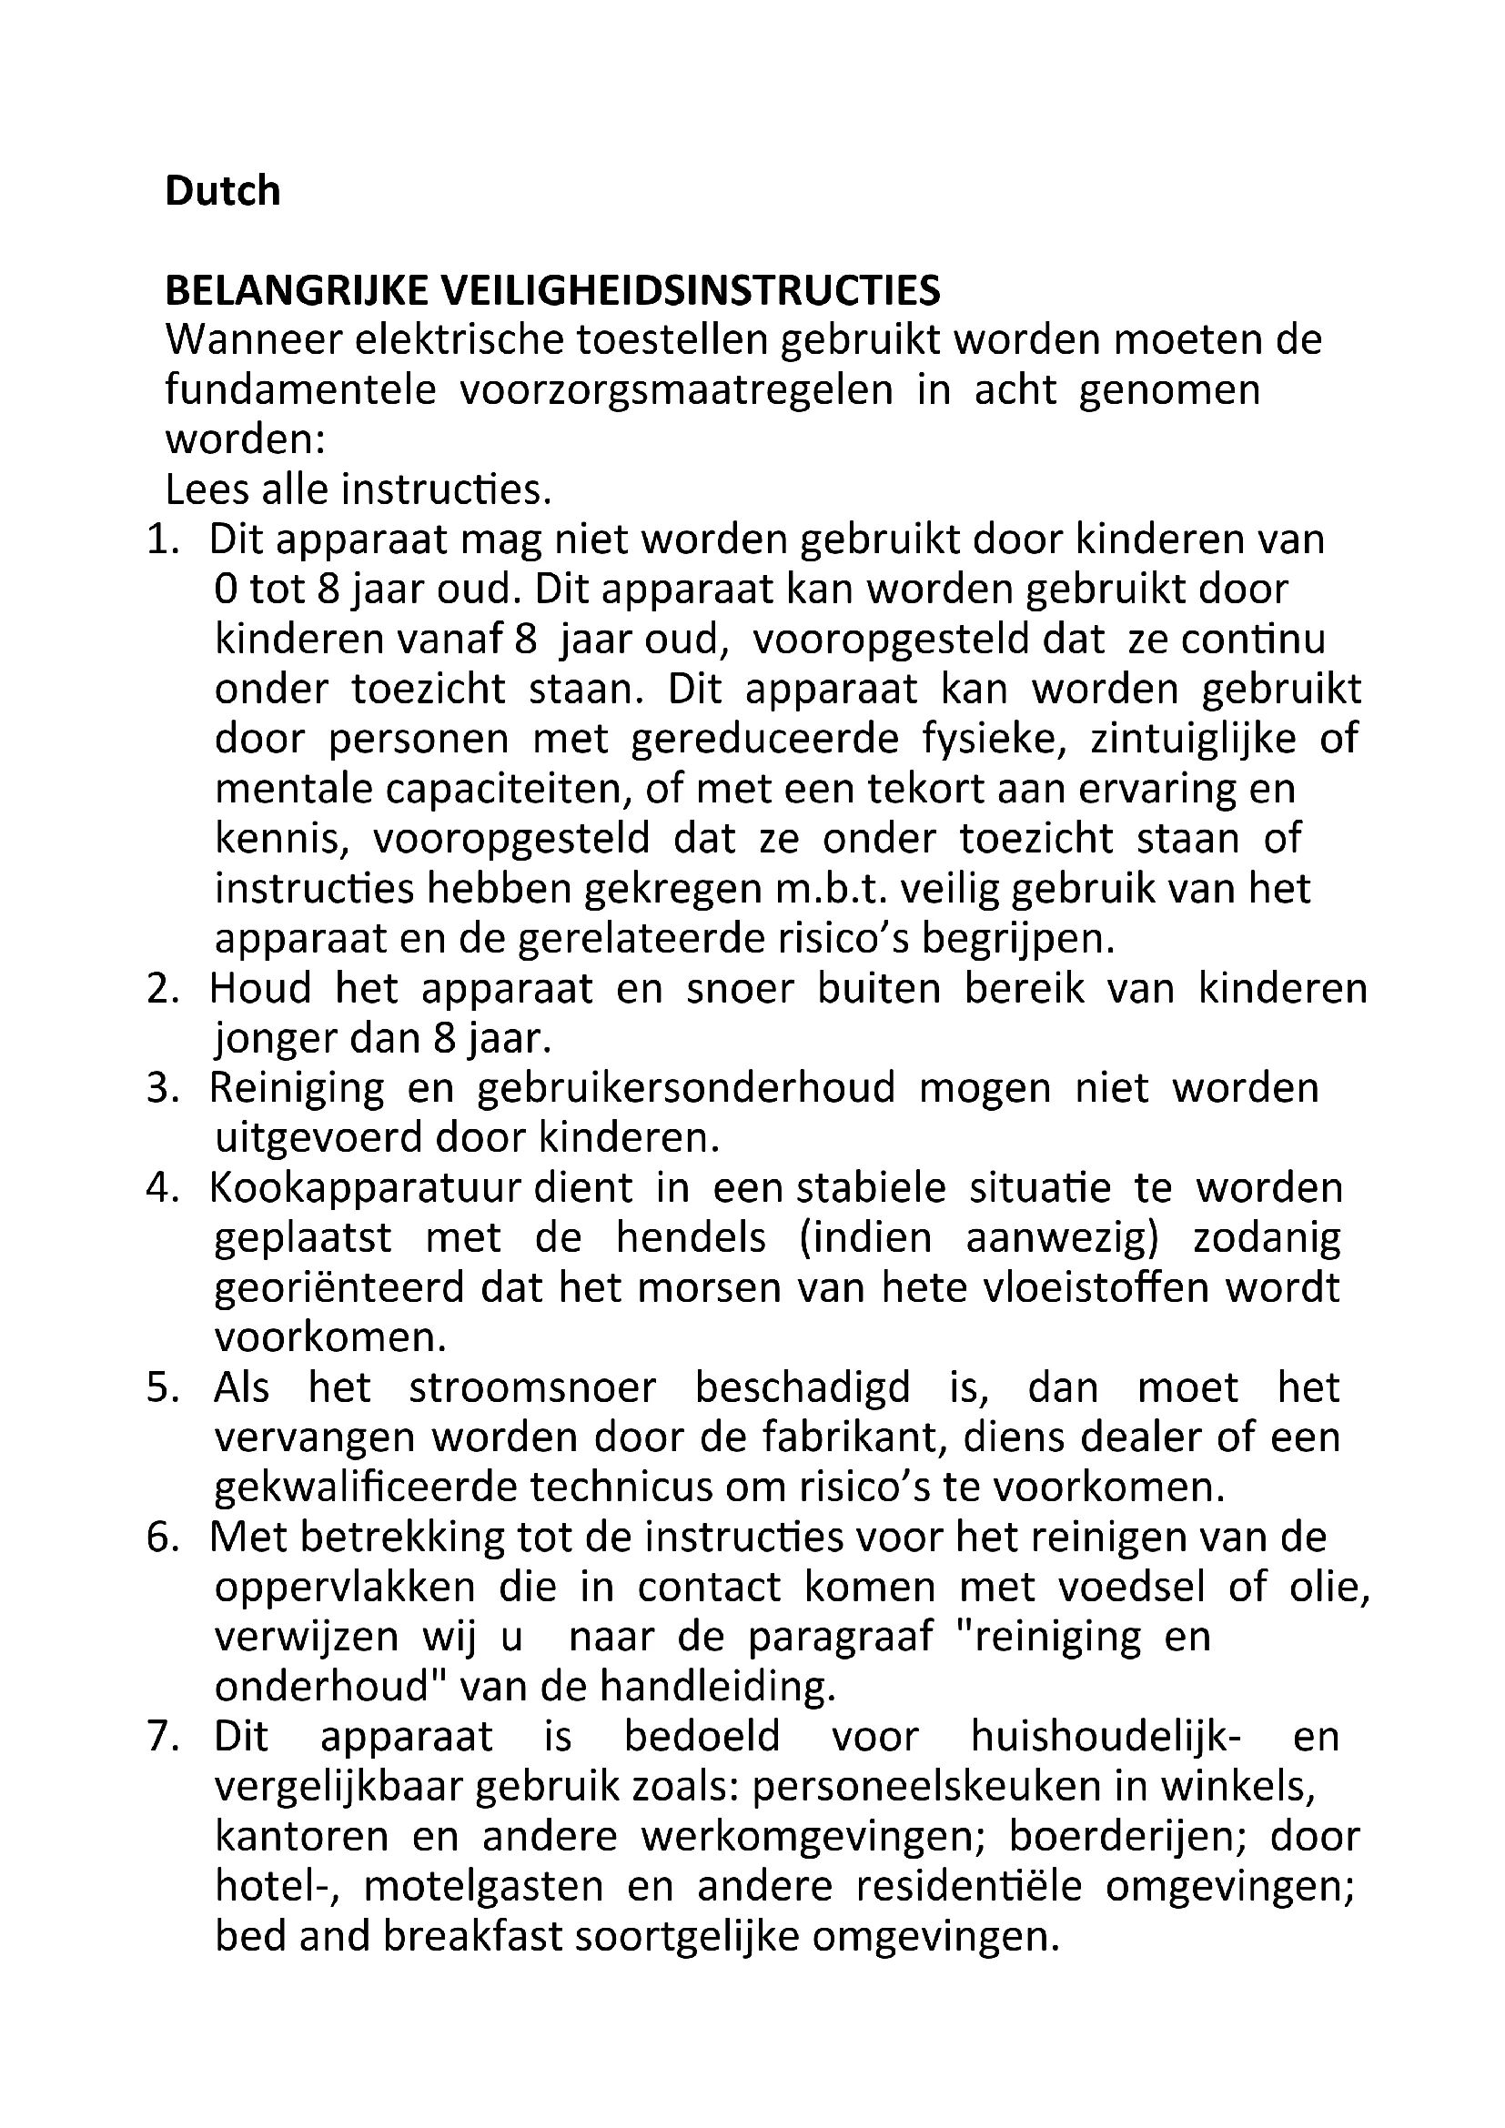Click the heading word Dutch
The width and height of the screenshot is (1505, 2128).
tap(222, 191)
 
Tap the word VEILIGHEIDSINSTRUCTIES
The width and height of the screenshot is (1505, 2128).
tap(691, 291)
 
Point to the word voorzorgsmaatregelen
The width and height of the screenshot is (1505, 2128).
tap(676, 390)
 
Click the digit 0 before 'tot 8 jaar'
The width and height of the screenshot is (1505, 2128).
tap(224, 590)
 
